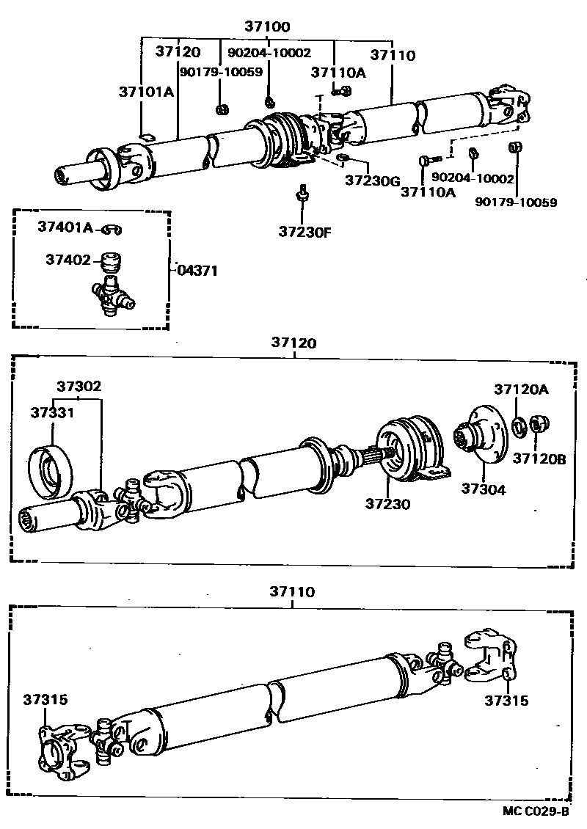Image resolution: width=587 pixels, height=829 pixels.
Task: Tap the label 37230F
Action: [304, 233]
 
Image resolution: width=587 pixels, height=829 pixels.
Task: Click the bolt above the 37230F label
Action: [301, 194]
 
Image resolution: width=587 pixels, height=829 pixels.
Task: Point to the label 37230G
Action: [371, 179]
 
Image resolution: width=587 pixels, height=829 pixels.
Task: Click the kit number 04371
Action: [197, 270]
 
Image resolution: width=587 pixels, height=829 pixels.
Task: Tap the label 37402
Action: [68, 260]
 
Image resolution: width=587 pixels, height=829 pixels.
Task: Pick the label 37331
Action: [52, 412]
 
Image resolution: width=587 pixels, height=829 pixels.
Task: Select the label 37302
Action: [79, 387]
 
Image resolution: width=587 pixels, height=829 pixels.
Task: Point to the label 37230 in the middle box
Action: [388, 504]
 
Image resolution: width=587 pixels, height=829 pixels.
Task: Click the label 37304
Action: [483, 489]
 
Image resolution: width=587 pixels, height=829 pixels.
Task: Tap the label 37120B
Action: [539, 459]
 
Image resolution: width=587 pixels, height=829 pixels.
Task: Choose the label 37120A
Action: [520, 390]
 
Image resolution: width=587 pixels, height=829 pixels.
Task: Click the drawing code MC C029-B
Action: [536, 811]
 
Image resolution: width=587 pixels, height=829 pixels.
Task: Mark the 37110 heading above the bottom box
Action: [291, 591]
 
